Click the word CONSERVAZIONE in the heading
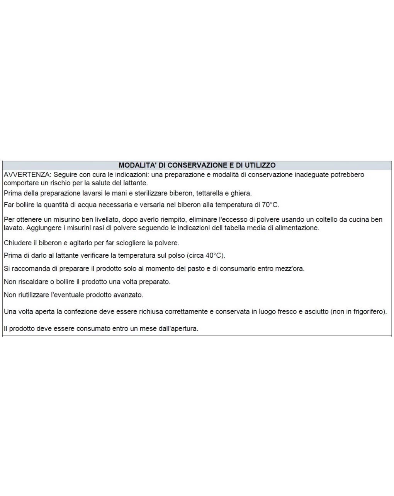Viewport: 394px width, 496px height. pyautogui.click(x=197, y=165)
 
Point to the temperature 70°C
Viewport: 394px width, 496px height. pyautogui.click(x=270, y=205)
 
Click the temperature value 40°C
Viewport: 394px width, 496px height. pyautogui.click(x=214, y=255)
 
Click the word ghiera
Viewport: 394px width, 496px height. pyautogui.click(x=241, y=193)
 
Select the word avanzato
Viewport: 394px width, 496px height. pyautogui.click(x=128, y=295)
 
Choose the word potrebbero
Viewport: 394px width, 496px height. pyautogui.click(x=346, y=174)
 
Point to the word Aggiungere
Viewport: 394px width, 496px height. pyautogui.click(x=44, y=228)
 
